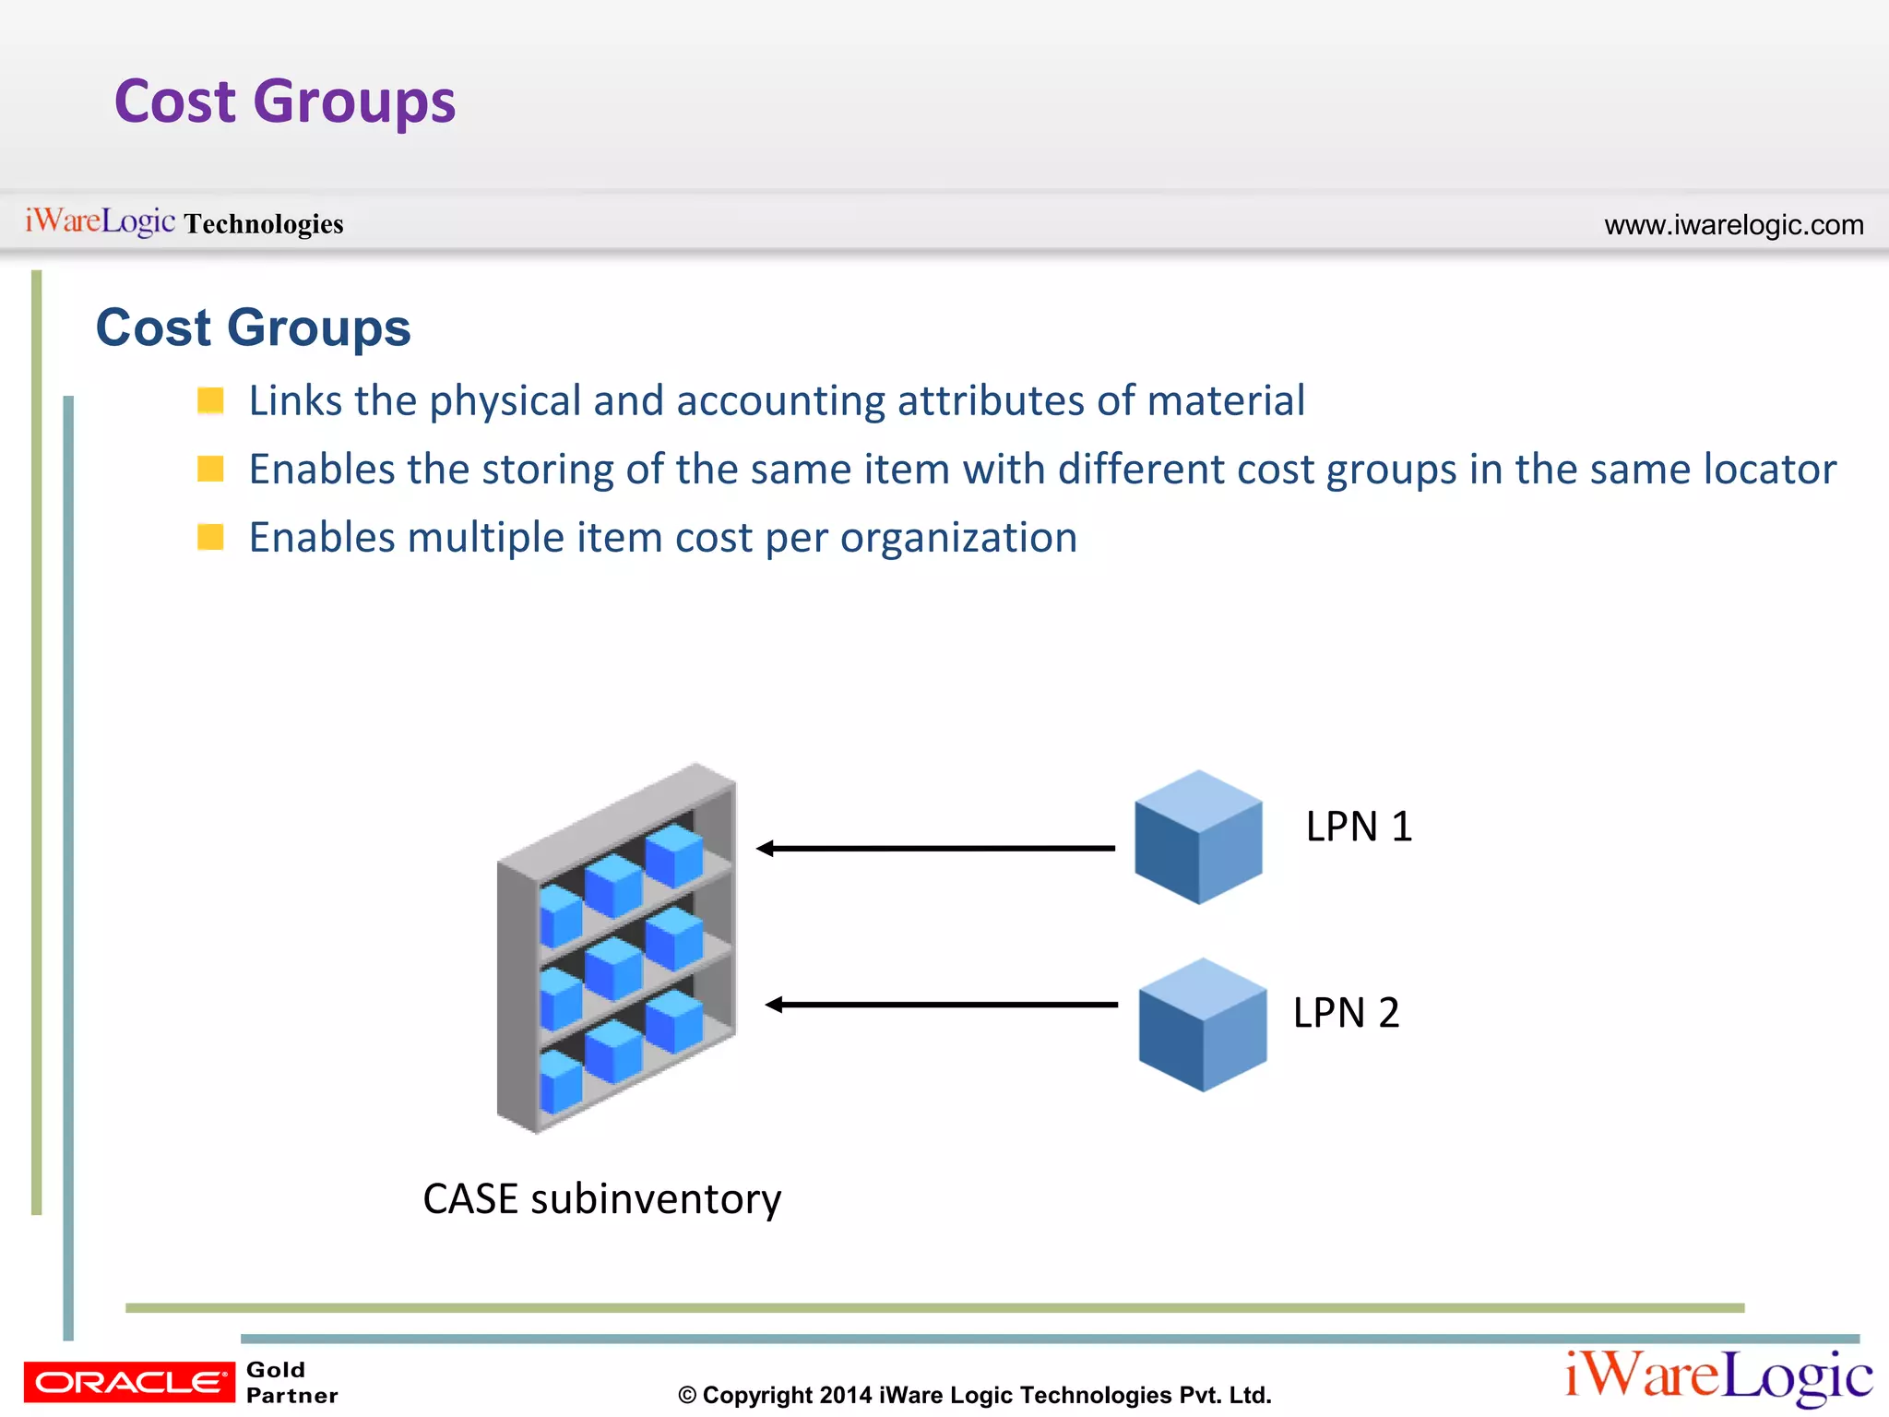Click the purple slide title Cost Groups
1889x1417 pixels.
[285, 101]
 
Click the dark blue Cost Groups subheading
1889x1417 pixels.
[254, 327]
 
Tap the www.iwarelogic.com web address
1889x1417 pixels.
[1733, 225]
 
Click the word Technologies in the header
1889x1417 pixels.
[264, 224]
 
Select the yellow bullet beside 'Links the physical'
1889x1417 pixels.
[211, 400]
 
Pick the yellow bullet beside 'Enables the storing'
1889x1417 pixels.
[211, 469]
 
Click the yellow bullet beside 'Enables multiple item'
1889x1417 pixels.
[211, 537]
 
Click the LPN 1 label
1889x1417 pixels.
[1359, 827]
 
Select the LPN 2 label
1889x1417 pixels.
[1346, 1013]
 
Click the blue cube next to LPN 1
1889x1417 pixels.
[1198, 837]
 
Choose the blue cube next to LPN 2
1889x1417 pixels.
[1203, 1024]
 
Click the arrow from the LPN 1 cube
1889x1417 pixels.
[935, 848]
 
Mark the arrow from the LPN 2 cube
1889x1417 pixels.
[941, 1005]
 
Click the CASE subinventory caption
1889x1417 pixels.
[601, 1199]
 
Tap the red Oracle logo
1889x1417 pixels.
[129, 1382]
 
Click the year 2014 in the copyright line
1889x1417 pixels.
[845, 1395]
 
